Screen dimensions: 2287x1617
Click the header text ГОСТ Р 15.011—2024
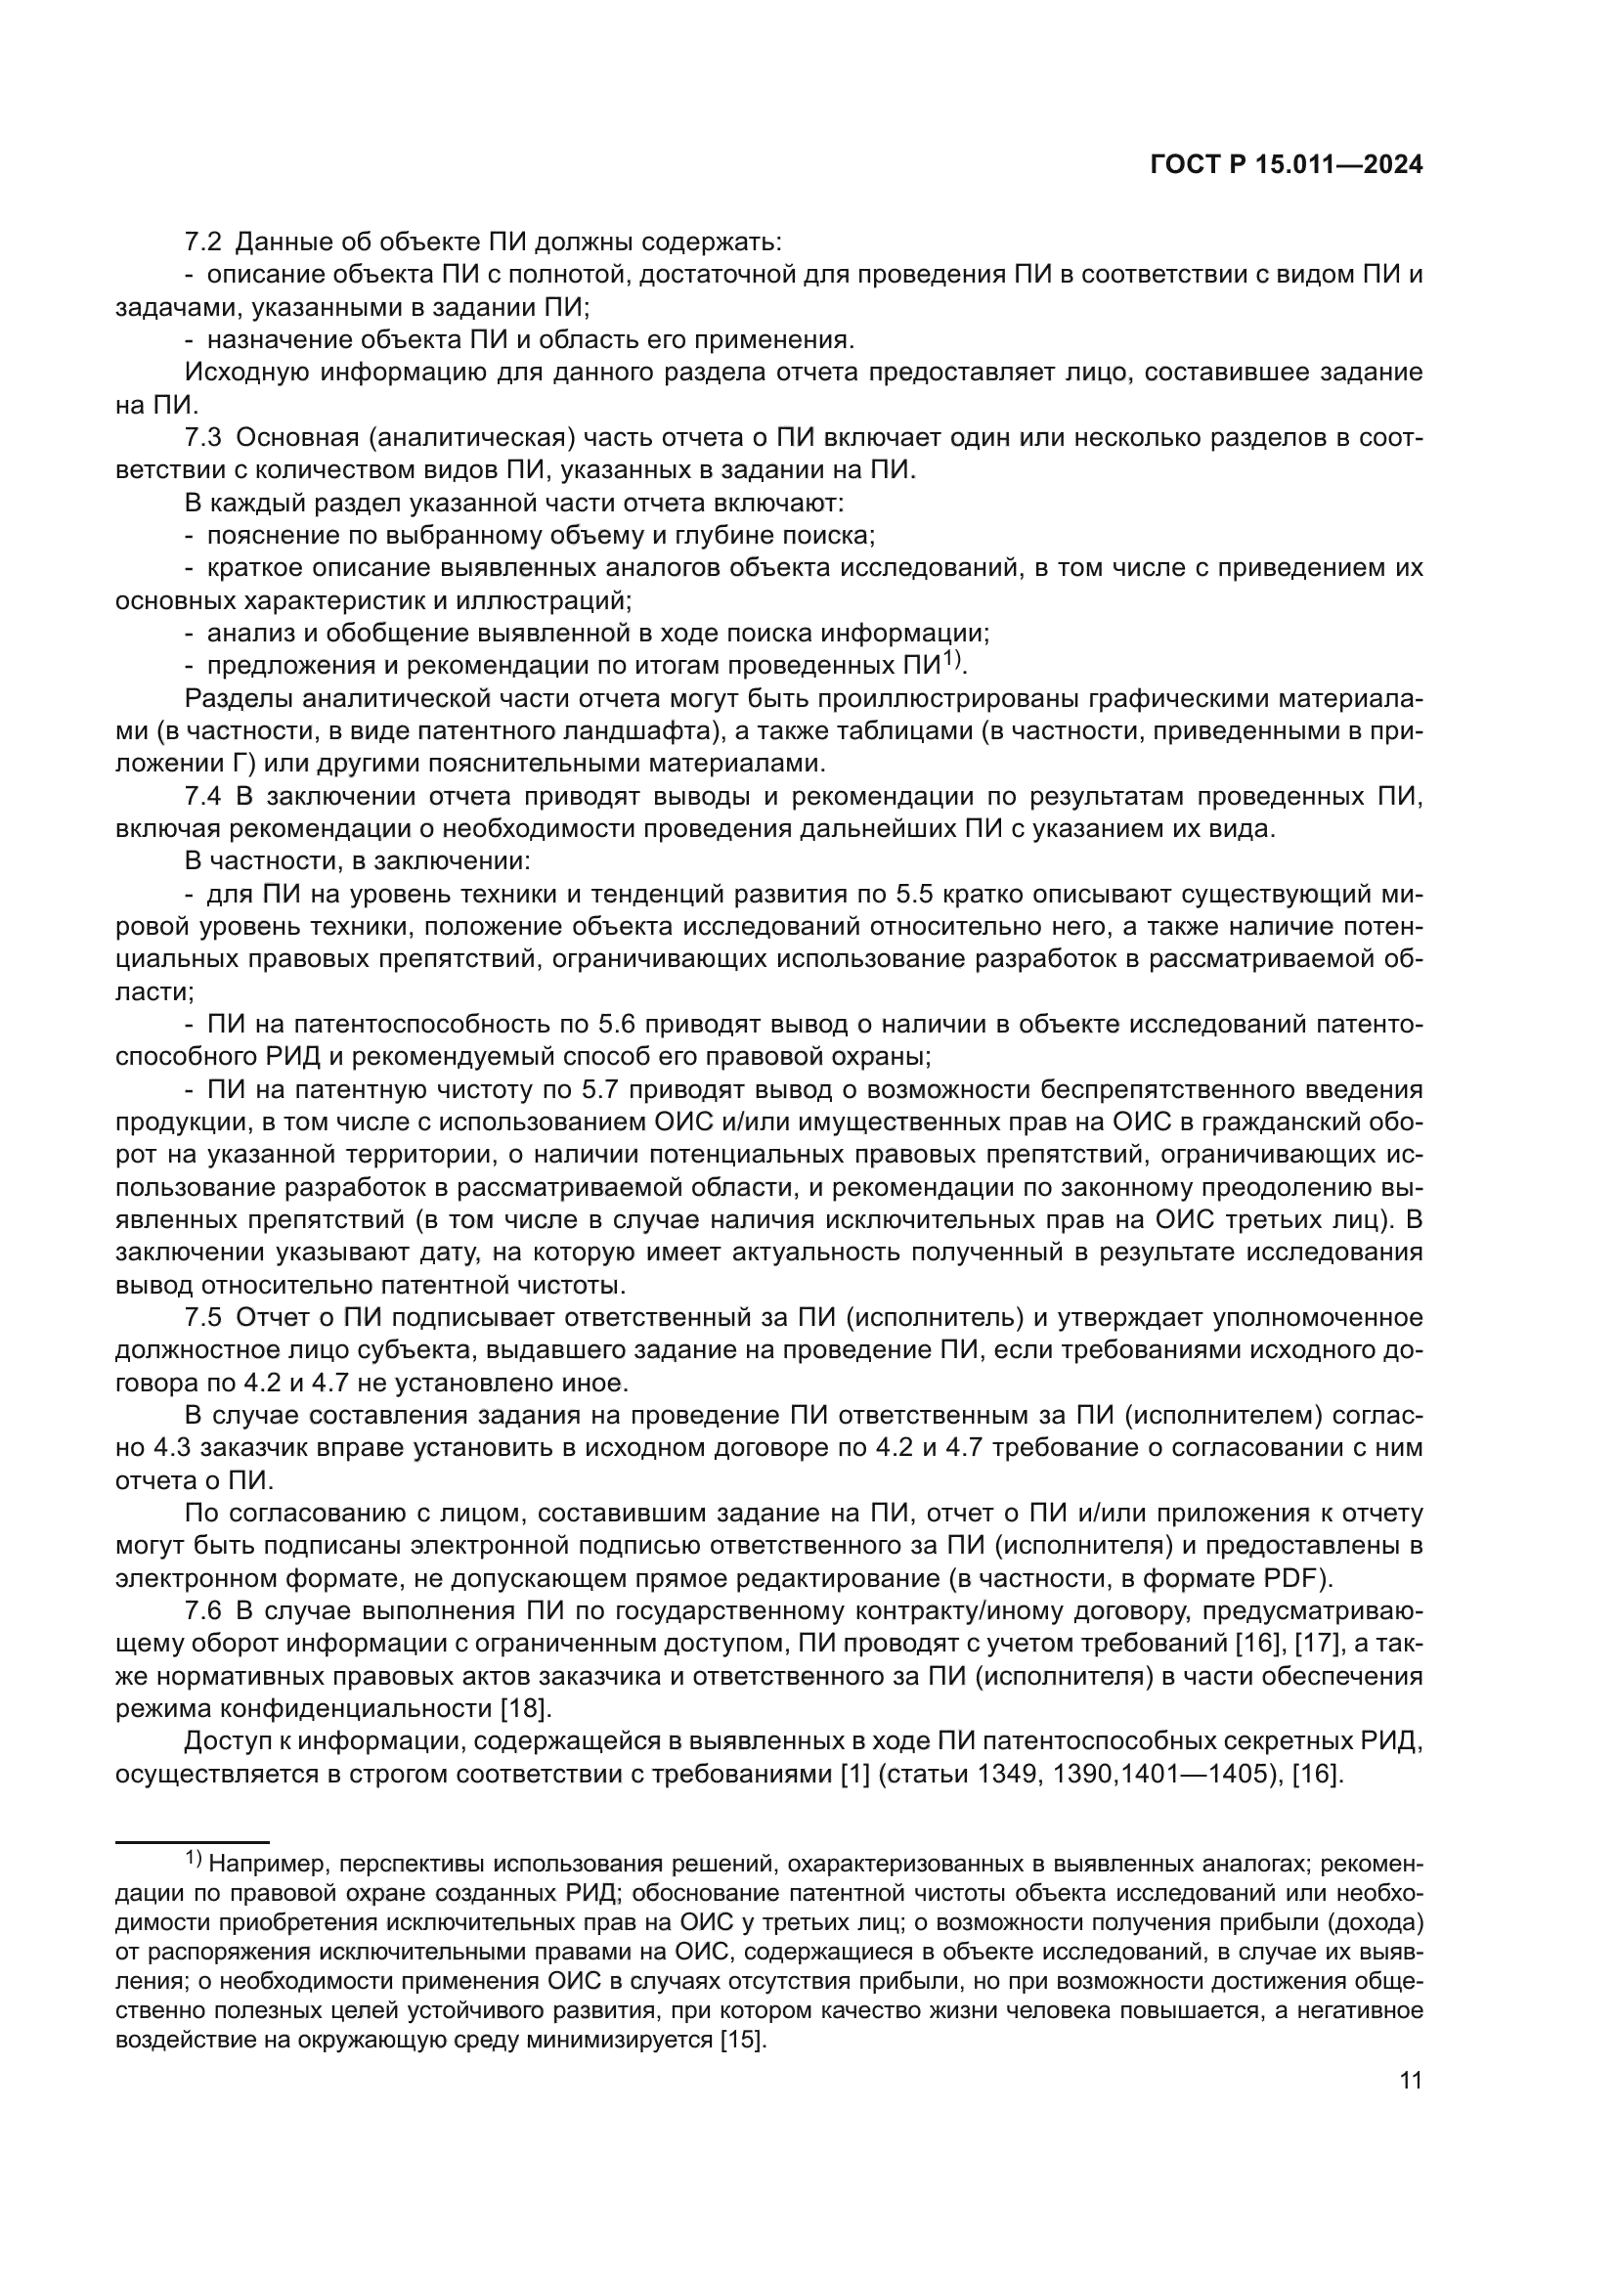click(1286, 165)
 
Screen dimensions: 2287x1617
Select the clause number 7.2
click(203, 242)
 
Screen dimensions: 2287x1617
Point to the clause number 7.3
click(203, 437)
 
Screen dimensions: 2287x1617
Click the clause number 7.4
click(203, 796)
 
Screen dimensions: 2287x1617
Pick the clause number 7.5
click(203, 1318)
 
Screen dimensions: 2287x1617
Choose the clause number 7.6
click(203, 1610)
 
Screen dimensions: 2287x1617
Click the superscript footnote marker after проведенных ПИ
click(953, 658)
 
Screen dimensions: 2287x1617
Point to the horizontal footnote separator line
click(193, 1843)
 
